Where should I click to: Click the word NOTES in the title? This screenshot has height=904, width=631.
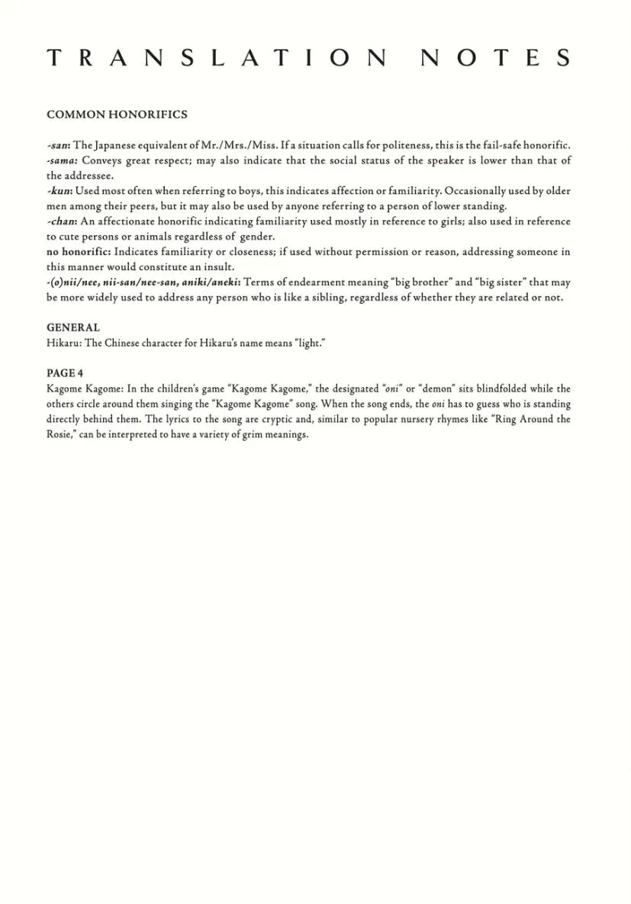495,59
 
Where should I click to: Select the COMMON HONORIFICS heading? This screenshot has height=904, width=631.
117,115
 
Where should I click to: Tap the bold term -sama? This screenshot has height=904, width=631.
63,160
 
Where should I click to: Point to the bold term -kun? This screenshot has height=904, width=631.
60,191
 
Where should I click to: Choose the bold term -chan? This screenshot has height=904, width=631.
62,221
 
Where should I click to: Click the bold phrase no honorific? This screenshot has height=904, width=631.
79,252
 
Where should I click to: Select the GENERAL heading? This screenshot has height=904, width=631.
73,328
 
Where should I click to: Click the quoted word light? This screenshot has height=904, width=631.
310,343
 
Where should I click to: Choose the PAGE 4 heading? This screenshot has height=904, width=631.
65,373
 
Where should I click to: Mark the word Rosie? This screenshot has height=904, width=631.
59,434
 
